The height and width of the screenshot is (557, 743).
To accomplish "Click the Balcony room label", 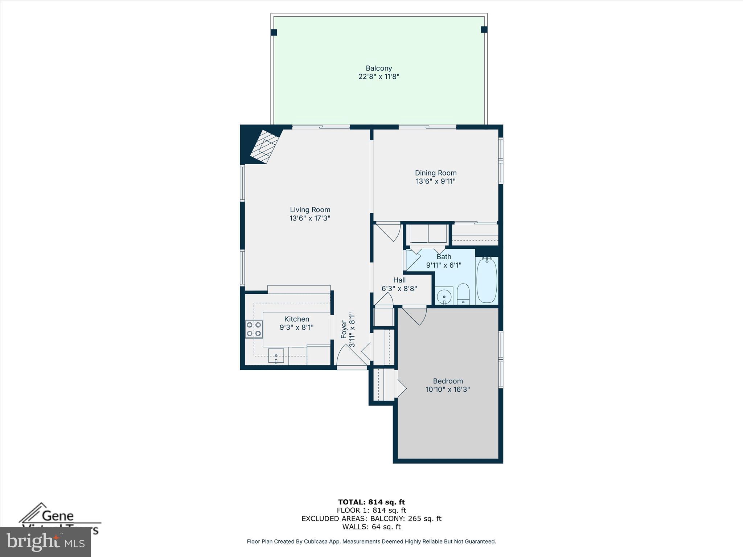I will [x=379, y=68].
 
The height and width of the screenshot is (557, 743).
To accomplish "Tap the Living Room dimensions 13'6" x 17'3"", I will [x=310, y=218].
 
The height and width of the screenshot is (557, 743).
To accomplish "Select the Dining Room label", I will [x=436, y=173].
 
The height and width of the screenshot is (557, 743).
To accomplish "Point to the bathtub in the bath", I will [x=487, y=280].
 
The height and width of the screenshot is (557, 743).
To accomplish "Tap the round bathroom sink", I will [x=444, y=297].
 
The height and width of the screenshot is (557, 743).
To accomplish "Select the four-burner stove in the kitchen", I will [x=254, y=329].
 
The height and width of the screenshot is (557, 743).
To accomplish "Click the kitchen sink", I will [x=276, y=355].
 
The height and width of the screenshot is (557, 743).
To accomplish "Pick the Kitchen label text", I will [x=297, y=319].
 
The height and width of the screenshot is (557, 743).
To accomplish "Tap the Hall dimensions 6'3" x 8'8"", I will [x=399, y=289].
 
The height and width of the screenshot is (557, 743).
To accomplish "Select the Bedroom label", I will [x=448, y=381].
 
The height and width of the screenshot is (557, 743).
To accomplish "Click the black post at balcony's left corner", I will [x=274, y=33].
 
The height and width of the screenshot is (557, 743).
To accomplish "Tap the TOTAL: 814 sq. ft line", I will [x=371, y=502].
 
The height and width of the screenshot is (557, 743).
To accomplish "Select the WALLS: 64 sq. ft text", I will [x=371, y=527].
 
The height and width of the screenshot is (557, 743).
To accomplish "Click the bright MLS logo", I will [x=45, y=542].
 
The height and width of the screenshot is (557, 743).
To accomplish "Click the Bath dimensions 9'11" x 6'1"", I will [x=444, y=265].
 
